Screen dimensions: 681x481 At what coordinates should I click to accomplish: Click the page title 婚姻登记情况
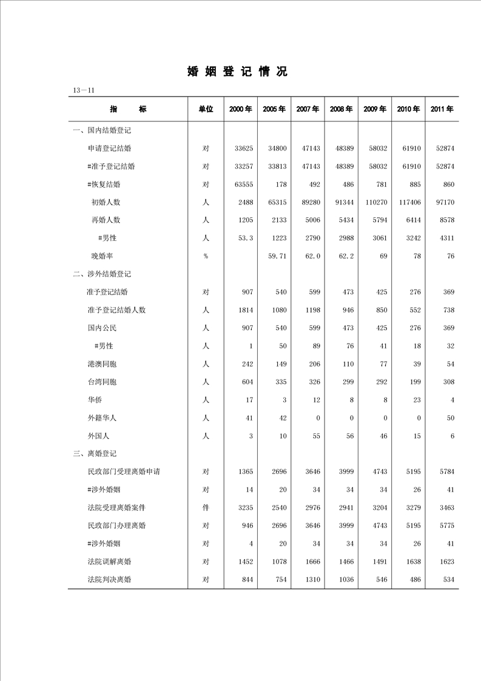pyautogui.click(x=237, y=72)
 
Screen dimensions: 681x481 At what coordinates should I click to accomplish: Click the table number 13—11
pyautogui.click(x=84, y=90)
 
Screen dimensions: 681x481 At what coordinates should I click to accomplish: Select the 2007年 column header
pyautogui.click(x=308, y=109)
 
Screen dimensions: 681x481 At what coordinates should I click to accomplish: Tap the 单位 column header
pyautogui.click(x=206, y=109)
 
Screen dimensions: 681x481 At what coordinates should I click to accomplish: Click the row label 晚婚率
pyautogui.click(x=102, y=256)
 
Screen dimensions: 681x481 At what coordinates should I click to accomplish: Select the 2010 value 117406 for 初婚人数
pyautogui.click(x=409, y=202)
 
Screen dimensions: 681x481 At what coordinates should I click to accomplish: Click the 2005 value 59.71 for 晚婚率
pyautogui.click(x=277, y=256)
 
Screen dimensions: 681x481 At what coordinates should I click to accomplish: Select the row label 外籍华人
pyautogui.click(x=102, y=418)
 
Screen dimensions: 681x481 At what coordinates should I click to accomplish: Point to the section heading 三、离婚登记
pyautogui.click(x=95, y=453)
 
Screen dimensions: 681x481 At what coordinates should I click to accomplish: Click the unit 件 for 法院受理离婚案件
pyautogui.click(x=206, y=507)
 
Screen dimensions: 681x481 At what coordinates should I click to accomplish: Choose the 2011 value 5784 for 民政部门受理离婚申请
pyautogui.click(x=445, y=472)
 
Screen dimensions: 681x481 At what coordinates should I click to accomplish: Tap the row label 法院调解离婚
pyautogui.click(x=110, y=561)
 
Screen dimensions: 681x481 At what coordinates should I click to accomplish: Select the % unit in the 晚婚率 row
pyautogui.click(x=206, y=256)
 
